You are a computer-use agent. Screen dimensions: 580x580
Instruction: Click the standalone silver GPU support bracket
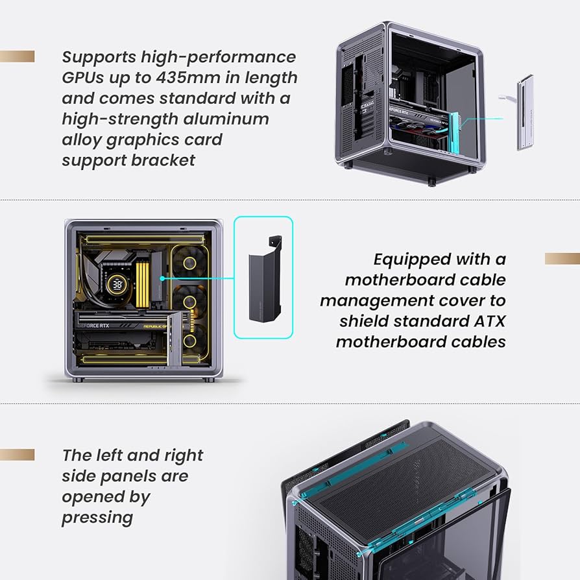point(525,112)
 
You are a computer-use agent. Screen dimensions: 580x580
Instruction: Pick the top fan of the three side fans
point(191,263)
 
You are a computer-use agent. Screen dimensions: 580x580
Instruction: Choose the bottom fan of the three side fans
point(191,340)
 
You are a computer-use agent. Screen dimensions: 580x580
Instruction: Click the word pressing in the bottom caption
point(97,517)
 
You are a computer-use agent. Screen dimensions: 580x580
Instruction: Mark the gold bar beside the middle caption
point(562,259)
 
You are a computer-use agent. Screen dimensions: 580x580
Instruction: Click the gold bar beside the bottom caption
point(17,454)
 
